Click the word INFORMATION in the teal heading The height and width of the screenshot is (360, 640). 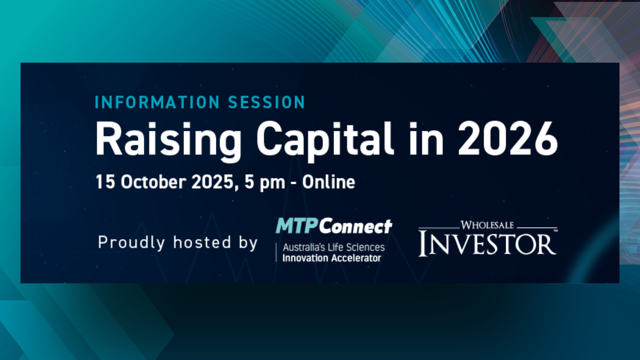click(157, 102)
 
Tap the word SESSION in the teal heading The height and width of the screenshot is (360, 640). click(267, 102)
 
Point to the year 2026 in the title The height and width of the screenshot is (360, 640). click(508, 138)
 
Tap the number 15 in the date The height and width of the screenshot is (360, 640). click(105, 182)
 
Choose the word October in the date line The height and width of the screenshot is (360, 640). click(153, 182)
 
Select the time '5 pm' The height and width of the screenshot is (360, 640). click(265, 183)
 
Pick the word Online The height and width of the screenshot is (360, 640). click(329, 182)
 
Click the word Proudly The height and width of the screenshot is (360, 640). click(131, 243)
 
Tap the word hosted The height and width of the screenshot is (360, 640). click(202, 242)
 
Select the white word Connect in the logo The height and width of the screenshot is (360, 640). click(356, 227)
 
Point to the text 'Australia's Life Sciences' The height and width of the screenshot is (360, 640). click(334, 247)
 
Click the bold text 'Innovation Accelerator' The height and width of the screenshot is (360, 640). click(332, 258)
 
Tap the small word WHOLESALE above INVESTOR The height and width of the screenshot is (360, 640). click(487, 225)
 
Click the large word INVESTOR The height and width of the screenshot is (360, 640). click(487, 244)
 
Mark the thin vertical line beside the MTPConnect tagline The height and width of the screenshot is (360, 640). click(276, 252)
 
